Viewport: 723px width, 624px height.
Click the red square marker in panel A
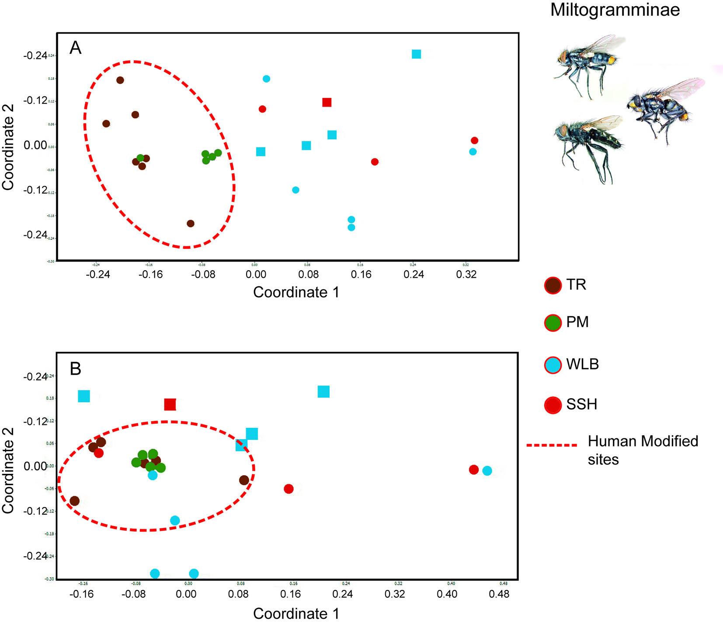point(327,102)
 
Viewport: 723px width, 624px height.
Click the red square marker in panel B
point(170,405)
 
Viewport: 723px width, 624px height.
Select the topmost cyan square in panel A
point(416,54)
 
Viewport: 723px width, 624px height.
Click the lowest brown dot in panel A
point(190,224)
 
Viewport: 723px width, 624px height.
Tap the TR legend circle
point(553,286)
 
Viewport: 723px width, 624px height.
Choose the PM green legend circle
point(553,323)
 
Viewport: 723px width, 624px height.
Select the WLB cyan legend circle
point(553,365)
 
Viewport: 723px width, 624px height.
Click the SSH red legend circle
point(553,405)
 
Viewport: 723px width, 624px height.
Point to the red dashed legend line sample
point(552,445)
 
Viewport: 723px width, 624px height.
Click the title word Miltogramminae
point(615,10)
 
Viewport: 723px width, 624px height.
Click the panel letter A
point(76,48)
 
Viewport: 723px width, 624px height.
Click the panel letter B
point(76,369)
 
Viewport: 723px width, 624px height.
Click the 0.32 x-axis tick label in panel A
point(466,275)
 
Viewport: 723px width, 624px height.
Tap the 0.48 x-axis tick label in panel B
point(499,594)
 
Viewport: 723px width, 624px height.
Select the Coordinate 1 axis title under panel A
point(296,292)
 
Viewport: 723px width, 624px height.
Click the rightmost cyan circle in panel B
point(487,471)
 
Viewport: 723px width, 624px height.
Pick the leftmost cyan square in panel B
point(84,396)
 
